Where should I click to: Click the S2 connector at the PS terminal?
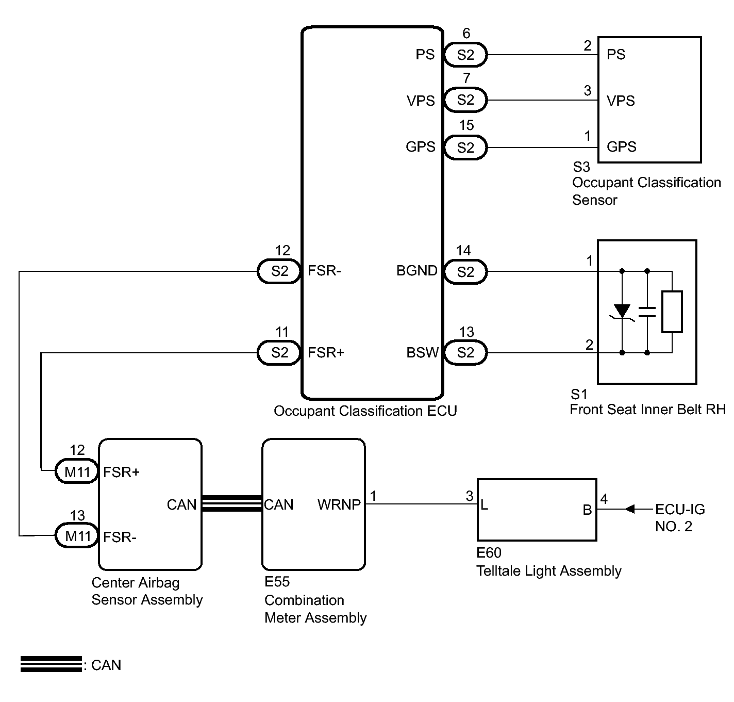click(x=465, y=55)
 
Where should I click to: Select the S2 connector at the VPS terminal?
click(x=465, y=100)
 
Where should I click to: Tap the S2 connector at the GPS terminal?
click(x=465, y=147)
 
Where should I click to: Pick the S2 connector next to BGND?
click(x=465, y=272)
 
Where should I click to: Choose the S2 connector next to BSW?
click(x=465, y=352)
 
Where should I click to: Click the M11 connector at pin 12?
click(x=77, y=471)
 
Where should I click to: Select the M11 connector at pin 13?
click(x=77, y=535)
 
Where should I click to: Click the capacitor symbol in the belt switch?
click(x=647, y=312)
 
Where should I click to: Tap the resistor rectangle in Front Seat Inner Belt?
click(x=672, y=312)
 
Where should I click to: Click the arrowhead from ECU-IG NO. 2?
click(x=629, y=509)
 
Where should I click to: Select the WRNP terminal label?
click(x=339, y=504)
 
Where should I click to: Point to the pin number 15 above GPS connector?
click(x=466, y=125)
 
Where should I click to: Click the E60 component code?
click(x=489, y=553)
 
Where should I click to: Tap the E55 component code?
click(x=277, y=582)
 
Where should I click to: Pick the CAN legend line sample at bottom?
click(x=51, y=664)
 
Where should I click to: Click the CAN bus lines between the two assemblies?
click(x=232, y=504)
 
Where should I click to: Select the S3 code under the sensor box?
click(x=581, y=167)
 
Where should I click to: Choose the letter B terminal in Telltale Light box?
click(x=587, y=510)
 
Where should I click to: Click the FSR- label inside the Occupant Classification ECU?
click(x=324, y=271)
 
